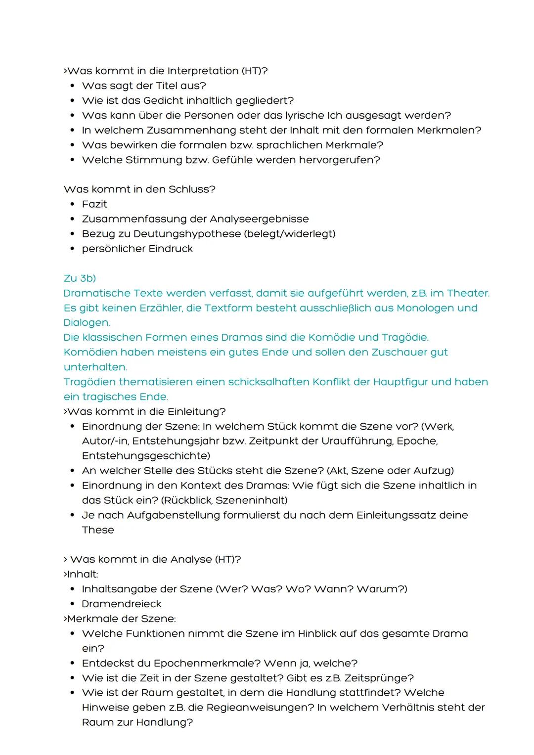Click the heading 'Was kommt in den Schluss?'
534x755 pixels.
pos(139,189)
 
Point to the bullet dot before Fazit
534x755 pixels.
pos(72,204)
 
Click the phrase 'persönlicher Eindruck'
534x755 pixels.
pos(137,249)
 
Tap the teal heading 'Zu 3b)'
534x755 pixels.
pos(80,278)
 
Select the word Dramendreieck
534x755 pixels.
pos(122,604)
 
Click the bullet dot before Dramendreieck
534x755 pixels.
pos(72,604)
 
